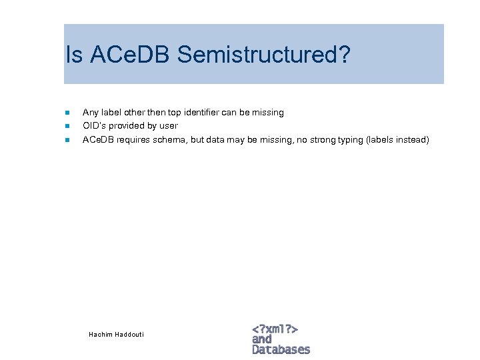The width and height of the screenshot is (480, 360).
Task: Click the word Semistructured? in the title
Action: (x=263, y=55)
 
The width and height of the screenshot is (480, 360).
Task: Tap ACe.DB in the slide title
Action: (x=130, y=55)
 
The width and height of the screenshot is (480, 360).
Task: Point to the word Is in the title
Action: (x=73, y=55)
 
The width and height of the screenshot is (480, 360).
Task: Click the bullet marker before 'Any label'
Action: (x=67, y=113)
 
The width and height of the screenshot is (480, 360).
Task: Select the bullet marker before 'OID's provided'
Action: (x=67, y=126)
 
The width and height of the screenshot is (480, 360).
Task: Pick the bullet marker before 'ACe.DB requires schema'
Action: (x=67, y=140)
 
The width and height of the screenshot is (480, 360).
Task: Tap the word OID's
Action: (x=93, y=126)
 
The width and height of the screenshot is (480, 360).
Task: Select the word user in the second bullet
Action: (x=169, y=126)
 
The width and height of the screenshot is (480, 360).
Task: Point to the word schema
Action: (x=169, y=140)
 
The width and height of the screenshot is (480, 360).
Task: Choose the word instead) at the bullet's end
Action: (x=413, y=140)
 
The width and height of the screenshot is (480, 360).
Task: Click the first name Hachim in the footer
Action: (x=100, y=334)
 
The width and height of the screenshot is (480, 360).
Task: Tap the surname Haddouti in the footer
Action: (x=129, y=334)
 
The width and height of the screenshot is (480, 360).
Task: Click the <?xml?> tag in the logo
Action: (x=275, y=329)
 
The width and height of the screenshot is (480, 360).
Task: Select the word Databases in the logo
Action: (x=281, y=349)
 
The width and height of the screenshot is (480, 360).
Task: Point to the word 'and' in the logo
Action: (x=262, y=339)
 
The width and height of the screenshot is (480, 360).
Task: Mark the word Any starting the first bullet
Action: (x=89, y=113)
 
